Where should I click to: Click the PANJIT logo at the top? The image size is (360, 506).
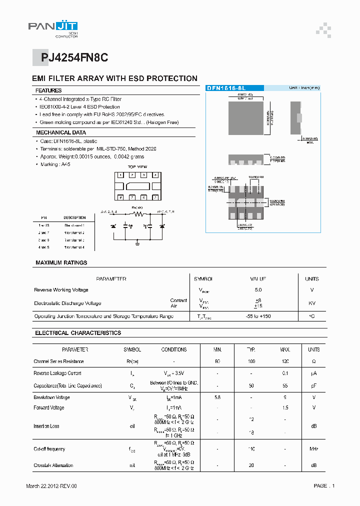52,28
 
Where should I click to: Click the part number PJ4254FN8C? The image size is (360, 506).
74,58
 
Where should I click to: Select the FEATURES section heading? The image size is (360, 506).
48,90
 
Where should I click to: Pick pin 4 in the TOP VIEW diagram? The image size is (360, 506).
155,175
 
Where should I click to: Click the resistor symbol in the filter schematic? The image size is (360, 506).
138,213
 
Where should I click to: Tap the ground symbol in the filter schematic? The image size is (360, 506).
137,244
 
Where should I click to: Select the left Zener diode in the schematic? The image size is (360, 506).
113,226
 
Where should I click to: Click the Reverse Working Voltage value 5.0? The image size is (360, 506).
257,290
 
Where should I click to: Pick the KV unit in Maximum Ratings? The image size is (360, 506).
312,303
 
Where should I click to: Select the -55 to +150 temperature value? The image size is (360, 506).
257,316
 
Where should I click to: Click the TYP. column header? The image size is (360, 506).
251,349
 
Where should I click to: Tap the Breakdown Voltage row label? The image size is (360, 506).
51,397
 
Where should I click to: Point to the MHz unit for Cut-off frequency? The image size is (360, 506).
313,449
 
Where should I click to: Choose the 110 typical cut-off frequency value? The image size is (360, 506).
251,449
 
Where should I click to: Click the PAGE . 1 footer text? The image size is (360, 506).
323,485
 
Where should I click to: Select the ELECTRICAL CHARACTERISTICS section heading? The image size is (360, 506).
78,333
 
